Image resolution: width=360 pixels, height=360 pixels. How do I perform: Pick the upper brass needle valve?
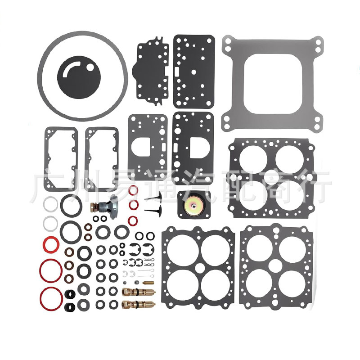tap(138, 292)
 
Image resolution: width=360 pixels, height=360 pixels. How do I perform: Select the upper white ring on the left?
tap(49, 205)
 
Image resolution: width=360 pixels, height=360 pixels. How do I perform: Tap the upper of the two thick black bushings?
tap(69, 296)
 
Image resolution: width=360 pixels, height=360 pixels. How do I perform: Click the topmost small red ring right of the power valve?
tap(134, 190)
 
